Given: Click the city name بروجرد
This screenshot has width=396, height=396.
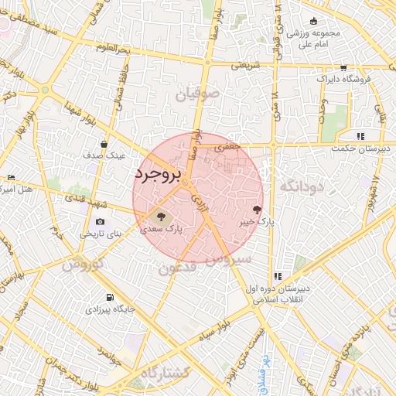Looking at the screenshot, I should tap(157, 174).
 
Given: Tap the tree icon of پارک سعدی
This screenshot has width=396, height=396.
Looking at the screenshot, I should tap(161, 217).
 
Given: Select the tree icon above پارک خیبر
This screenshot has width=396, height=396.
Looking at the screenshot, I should tap(258, 209).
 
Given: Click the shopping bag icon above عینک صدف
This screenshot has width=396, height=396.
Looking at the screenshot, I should tap(104, 144).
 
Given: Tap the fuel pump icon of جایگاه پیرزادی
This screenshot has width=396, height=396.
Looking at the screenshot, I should tap(110, 297).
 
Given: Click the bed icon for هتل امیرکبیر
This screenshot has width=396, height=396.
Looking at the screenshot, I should tap(9, 179).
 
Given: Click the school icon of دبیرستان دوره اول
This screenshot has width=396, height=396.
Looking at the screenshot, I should tap(277, 276).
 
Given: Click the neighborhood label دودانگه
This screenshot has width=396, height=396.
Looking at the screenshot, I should tap(300, 186).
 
